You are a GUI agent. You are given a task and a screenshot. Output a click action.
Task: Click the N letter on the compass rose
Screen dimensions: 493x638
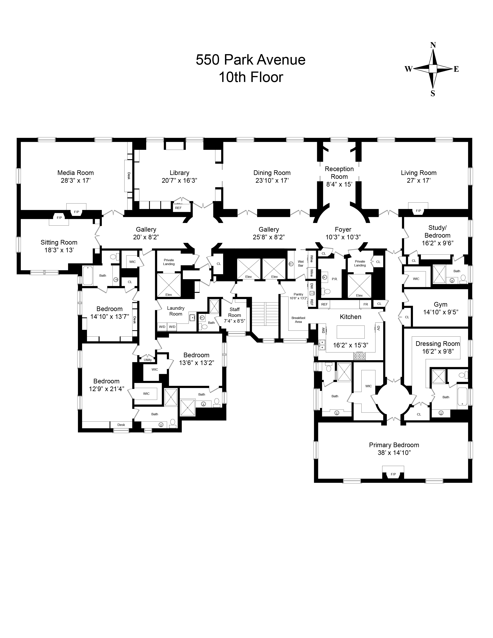pyautogui.click(x=433, y=45)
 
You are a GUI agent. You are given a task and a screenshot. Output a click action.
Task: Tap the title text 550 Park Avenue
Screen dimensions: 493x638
pyautogui.click(x=250, y=60)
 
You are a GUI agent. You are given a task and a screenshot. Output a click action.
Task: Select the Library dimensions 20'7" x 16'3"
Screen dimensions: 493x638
pyautogui.click(x=179, y=181)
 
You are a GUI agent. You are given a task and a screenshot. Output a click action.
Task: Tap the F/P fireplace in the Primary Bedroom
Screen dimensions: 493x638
pyautogui.click(x=393, y=474)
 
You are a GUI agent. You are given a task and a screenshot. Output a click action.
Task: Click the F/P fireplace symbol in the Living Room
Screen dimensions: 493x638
pyautogui.click(x=418, y=211)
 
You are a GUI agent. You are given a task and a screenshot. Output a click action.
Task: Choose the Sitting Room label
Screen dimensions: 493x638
pyautogui.click(x=59, y=242)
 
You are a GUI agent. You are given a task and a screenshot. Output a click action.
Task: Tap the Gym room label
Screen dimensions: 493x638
pyautogui.click(x=440, y=304)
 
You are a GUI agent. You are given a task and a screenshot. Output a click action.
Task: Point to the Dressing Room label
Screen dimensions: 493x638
pyautogui.click(x=438, y=344)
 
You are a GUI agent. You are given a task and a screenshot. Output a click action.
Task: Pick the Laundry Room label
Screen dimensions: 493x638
pyautogui.click(x=176, y=311)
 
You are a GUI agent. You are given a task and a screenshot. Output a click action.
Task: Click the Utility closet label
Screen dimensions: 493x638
pyautogui.click(x=148, y=360)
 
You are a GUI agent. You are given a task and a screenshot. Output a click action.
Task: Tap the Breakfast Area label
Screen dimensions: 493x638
pyautogui.click(x=298, y=320)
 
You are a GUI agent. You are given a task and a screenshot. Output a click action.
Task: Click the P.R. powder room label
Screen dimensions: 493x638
pyautogui.click(x=334, y=279)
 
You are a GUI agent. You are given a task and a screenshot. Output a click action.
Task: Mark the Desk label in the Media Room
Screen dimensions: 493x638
pyautogui.click(x=129, y=176)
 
